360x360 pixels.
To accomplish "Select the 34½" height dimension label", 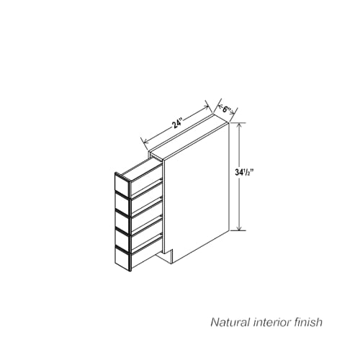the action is point(244,172).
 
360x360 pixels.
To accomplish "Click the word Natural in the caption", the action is point(230,323).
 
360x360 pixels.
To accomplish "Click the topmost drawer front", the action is point(122,184).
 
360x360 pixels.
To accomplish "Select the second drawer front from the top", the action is point(122,204).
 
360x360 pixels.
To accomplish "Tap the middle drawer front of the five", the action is point(122,222).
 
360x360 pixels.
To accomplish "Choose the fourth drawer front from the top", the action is point(122,241).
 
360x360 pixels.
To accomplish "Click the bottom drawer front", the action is point(123,260).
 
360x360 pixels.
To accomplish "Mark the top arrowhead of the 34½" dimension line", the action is point(239,125).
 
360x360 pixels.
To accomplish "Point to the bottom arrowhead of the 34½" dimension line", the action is point(239,228).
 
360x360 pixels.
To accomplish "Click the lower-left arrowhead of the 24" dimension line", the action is point(145,141).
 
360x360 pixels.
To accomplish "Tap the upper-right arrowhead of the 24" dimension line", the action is point(206,107).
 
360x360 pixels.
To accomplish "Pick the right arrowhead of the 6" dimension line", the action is point(233,112).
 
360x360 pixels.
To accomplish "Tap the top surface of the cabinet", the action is point(189,138).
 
